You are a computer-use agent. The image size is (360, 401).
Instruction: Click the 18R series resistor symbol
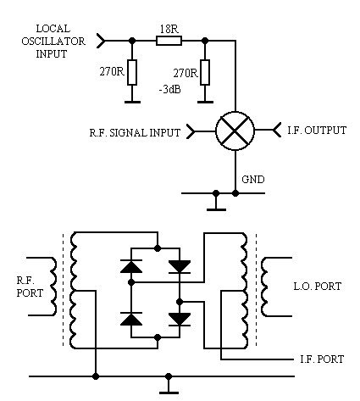click(169, 41)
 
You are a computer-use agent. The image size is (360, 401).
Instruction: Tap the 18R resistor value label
click(169, 29)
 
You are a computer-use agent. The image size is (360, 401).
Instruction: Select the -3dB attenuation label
click(169, 89)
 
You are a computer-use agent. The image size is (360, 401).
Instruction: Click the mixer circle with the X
click(235, 131)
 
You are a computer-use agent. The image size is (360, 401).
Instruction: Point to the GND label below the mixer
click(253, 180)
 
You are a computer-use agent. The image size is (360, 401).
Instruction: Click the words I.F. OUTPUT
click(317, 131)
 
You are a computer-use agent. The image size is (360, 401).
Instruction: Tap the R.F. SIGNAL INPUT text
click(135, 133)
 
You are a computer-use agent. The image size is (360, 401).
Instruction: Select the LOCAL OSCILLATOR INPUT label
click(53, 42)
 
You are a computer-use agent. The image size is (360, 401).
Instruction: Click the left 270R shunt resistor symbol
click(132, 72)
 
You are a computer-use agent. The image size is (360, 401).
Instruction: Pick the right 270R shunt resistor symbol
click(205, 72)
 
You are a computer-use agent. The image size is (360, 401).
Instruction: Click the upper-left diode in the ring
click(131, 266)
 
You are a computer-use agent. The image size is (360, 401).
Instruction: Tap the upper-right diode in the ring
click(180, 267)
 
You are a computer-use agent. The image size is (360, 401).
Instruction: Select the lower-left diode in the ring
click(131, 319)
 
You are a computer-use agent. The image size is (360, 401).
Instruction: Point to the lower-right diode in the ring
click(180, 320)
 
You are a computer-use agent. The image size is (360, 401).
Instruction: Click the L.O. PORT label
click(318, 287)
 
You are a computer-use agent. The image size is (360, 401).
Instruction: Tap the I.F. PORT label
click(322, 359)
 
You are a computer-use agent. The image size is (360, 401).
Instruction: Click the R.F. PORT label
click(30, 287)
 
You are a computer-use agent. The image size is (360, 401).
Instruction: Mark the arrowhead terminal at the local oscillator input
click(101, 41)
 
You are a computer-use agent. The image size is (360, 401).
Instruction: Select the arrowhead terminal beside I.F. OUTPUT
click(277, 130)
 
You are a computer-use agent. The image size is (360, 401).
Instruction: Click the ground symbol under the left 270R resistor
click(132, 102)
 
